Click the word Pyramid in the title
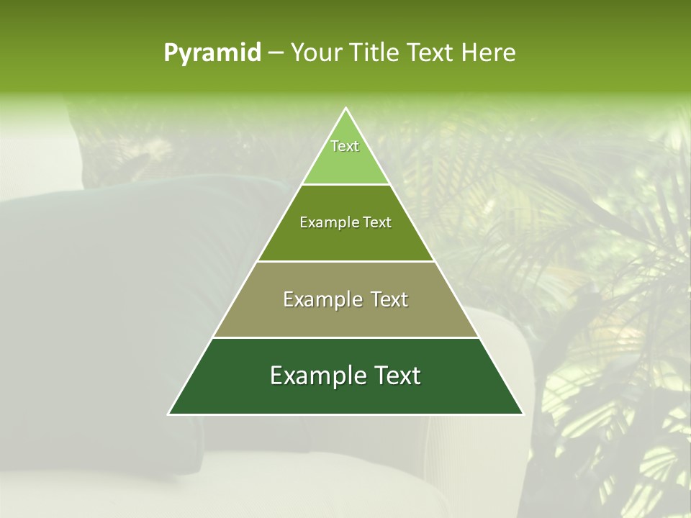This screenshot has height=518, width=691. click(212, 53)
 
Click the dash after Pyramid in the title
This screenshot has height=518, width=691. click(276, 53)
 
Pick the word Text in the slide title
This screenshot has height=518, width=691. click(433, 53)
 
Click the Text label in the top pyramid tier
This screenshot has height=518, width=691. click(345, 146)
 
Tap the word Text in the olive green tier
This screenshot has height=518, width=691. click(378, 223)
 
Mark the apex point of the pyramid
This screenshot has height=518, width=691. click(345, 109)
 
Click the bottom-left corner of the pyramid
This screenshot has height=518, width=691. click(169, 414)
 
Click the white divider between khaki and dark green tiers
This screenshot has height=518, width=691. click(345, 337)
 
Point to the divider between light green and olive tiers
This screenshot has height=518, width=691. click(345, 185)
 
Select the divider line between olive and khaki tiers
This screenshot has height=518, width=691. click(345, 261)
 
